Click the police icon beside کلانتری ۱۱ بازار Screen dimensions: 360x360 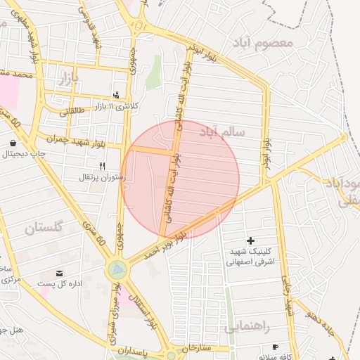tap(116, 95)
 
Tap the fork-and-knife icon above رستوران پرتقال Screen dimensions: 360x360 tap(102, 166)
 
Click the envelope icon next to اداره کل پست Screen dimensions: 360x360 tap(58, 273)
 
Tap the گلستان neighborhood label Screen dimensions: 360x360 tap(44, 228)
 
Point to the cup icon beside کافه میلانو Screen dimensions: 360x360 tap(275, 347)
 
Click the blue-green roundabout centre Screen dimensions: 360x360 tap(117, 269)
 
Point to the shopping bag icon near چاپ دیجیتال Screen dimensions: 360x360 tap(13, 143)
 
